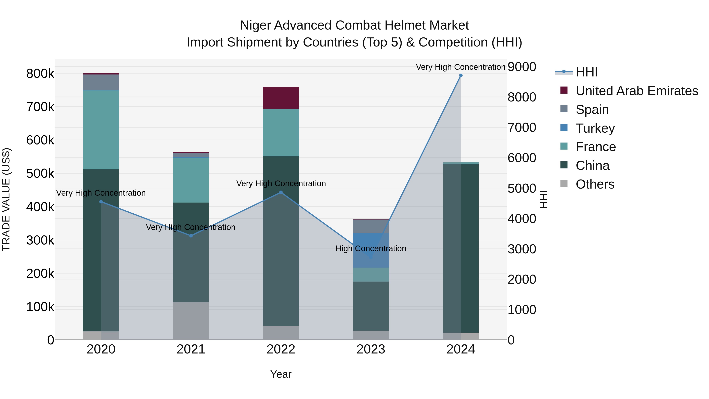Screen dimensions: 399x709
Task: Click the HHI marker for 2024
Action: [x=461, y=75]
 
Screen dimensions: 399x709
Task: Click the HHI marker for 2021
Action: [x=191, y=236]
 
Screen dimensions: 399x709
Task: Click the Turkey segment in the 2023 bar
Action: [x=371, y=250]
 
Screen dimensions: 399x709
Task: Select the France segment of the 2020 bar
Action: [x=101, y=130]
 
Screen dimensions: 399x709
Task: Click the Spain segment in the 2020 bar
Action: [x=101, y=82]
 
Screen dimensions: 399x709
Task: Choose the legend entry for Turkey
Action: [x=595, y=128]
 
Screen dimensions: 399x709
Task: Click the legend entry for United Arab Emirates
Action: [x=637, y=91]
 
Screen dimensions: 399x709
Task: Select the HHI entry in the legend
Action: [x=586, y=72]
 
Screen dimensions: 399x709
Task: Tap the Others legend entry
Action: [x=595, y=184]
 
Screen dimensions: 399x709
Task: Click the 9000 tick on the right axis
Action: [x=522, y=67]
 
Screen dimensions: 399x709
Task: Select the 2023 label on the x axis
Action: [x=371, y=349]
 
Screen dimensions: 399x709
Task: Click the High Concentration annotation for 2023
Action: [x=371, y=248]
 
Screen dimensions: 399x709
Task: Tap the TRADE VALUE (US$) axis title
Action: [x=6, y=199]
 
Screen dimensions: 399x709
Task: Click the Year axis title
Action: [x=281, y=374]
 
